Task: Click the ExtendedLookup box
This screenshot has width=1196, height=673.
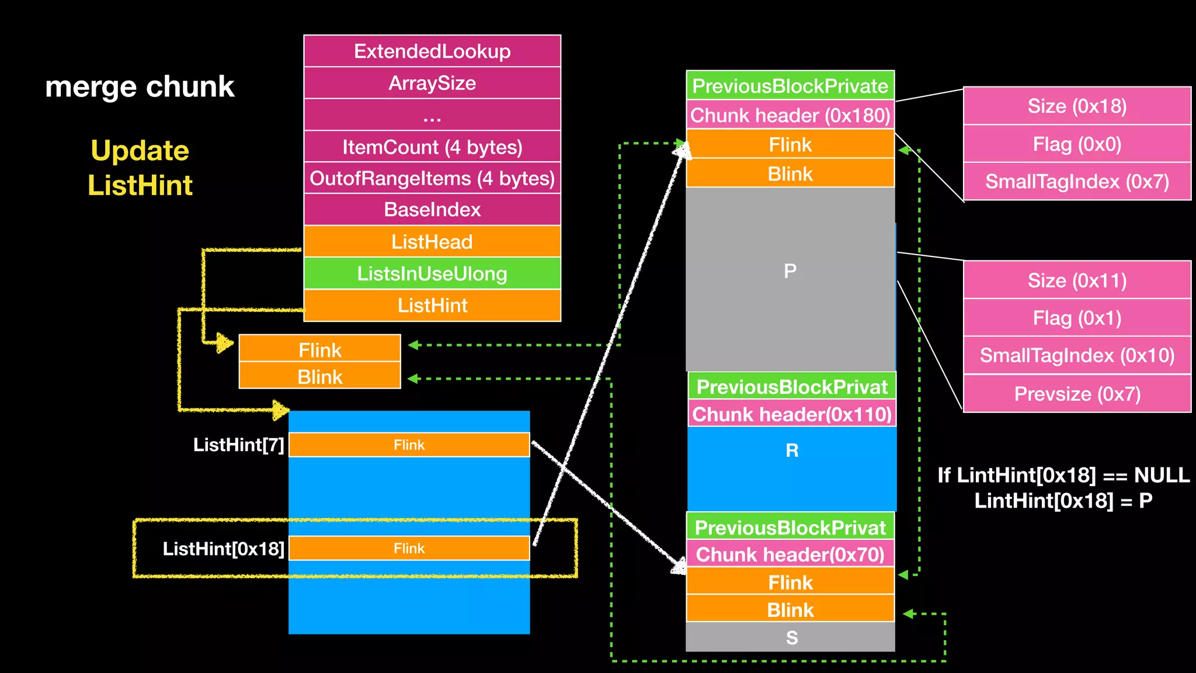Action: pyautogui.click(x=432, y=51)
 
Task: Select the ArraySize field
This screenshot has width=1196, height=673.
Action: pyautogui.click(x=432, y=83)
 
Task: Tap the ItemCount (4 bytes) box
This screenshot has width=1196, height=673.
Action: pyautogui.click(x=432, y=147)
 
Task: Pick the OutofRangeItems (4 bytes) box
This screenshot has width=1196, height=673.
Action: pyautogui.click(x=432, y=178)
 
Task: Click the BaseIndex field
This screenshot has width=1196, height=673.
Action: pyautogui.click(x=432, y=210)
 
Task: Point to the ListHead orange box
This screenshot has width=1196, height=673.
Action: pyautogui.click(x=432, y=242)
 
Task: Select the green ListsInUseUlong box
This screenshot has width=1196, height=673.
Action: pyautogui.click(x=432, y=273)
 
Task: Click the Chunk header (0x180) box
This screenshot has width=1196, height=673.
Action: pyautogui.click(x=790, y=115)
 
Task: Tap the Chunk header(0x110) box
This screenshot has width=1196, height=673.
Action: pyautogui.click(x=792, y=414)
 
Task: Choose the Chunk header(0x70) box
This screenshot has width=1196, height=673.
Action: pyautogui.click(x=790, y=554)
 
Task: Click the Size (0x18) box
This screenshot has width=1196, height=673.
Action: pyautogui.click(x=1077, y=106)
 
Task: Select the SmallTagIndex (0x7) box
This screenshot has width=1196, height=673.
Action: pyautogui.click(x=1077, y=181)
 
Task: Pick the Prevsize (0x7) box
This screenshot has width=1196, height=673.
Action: pyautogui.click(x=1077, y=394)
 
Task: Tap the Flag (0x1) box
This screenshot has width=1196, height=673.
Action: pyautogui.click(x=1077, y=318)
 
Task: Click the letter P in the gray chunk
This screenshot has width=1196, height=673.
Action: pyautogui.click(x=790, y=271)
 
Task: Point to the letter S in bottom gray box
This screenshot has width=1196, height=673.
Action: pyautogui.click(x=791, y=637)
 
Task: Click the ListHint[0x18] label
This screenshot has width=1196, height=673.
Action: pyautogui.click(x=223, y=549)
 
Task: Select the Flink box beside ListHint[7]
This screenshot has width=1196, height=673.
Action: pyautogui.click(x=409, y=445)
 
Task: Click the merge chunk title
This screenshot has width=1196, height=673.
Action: pyautogui.click(x=140, y=86)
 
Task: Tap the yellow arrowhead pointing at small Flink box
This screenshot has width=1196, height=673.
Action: pyautogui.click(x=224, y=343)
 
